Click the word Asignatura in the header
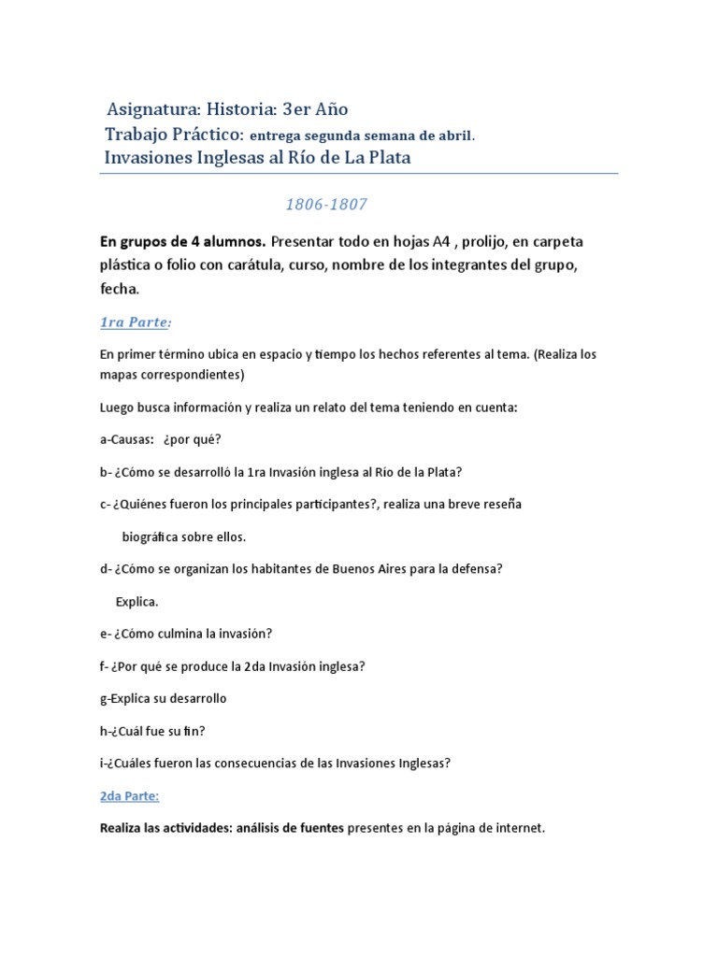[x=149, y=110]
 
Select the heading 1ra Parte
[x=136, y=322]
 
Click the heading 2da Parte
[x=129, y=795]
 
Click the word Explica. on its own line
[x=136, y=601]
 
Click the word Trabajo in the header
[x=139, y=135]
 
